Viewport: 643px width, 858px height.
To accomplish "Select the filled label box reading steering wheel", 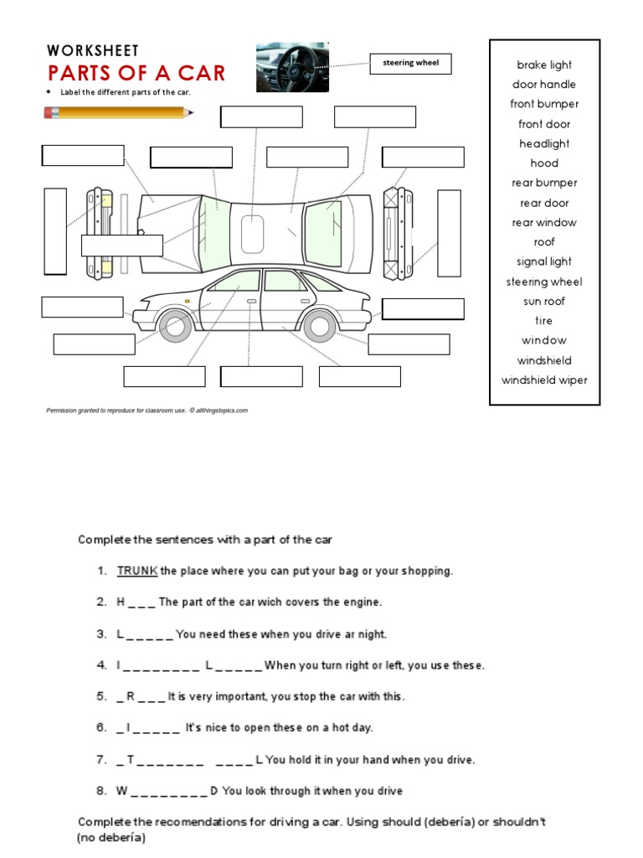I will pyautogui.click(x=410, y=63).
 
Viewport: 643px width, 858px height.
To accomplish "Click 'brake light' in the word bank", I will pyautogui.click(x=544, y=65).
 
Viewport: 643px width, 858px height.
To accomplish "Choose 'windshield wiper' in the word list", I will pyautogui.click(x=544, y=380).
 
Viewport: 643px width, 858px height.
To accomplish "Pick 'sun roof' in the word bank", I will pyautogui.click(x=544, y=302).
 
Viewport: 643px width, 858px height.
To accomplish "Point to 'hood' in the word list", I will pyautogui.click(x=544, y=163).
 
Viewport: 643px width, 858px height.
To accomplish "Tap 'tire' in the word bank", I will pyautogui.click(x=544, y=321).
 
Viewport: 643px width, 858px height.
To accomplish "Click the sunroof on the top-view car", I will pyautogui.click(x=252, y=232).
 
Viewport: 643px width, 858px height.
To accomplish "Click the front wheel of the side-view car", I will pyautogui.click(x=174, y=326).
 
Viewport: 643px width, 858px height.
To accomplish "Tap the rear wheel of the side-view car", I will pyautogui.click(x=320, y=326).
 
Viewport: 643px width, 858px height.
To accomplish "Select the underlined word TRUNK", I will pyautogui.click(x=137, y=571).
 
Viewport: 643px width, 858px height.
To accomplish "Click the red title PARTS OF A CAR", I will pyautogui.click(x=136, y=73).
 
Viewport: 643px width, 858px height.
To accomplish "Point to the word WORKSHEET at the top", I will pyautogui.click(x=93, y=51).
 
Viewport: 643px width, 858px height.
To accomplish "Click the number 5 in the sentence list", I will pyautogui.click(x=100, y=696).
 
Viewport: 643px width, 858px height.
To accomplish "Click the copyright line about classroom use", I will pyautogui.click(x=147, y=411).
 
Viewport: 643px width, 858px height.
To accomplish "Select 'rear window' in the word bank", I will pyautogui.click(x=544, y=223).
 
